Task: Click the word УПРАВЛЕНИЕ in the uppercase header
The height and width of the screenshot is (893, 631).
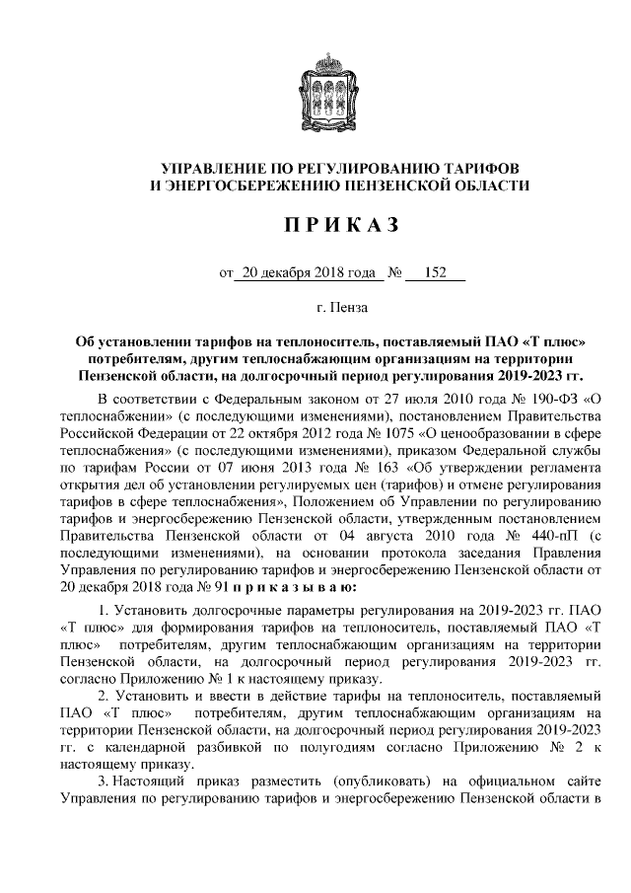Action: click(218, 166)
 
